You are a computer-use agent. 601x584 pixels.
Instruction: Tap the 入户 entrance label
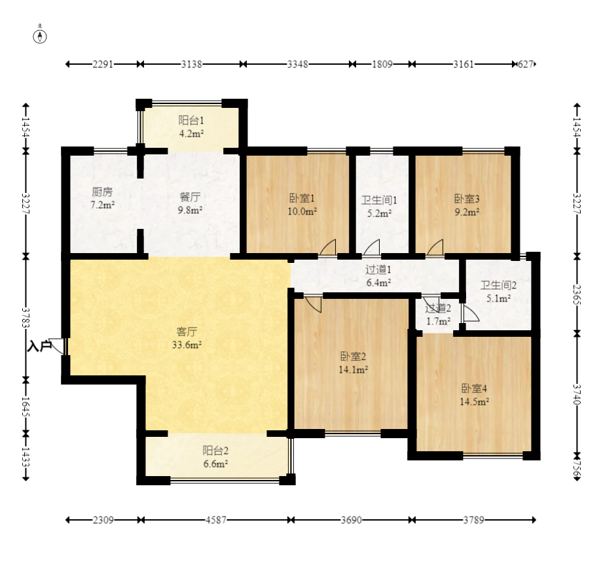[x=39, y=346]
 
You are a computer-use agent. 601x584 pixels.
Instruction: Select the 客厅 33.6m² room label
[x=187, y=338]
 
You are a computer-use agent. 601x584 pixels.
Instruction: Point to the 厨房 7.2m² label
[x=102, y=198]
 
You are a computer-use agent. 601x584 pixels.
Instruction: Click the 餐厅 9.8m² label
[x=190, y=203]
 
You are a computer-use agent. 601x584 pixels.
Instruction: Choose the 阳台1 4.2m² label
[x=191, y=127]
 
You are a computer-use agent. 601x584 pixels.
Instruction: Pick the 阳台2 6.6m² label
[x=215, y=457]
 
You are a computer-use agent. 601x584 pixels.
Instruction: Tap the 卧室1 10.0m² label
[x=302, y=205]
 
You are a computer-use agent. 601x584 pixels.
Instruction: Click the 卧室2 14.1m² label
[x=353, y=363]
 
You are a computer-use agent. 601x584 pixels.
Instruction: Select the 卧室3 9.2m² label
[x=467, y=205]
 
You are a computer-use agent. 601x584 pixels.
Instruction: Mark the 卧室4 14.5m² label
[x=474, y=395]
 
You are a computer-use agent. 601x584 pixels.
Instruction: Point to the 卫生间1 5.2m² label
[x=379, y=207]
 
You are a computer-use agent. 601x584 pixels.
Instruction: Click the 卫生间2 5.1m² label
[x=498, y=292]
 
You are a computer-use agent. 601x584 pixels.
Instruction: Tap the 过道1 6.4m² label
[x=378, y=276]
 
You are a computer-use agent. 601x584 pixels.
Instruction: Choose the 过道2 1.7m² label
[x=438, y=315]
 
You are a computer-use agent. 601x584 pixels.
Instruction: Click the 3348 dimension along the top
[x=298, y=64]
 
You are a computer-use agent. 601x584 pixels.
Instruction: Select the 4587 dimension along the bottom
[x=216, y=520]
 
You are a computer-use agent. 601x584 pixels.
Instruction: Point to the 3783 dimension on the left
[x=26, y=318]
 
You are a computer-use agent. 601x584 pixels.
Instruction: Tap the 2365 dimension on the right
[x=577, y=294]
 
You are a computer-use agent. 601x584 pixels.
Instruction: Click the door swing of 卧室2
[x=313, y=305]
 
